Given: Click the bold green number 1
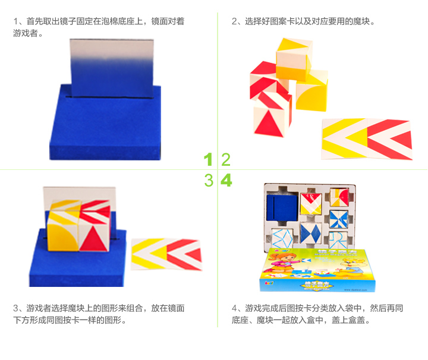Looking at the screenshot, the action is (208, 159).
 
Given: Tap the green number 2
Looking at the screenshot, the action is (226, 160).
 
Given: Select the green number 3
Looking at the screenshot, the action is (209, 180).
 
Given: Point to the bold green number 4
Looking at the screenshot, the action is (226, 180).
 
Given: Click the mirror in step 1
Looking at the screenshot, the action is (112, 68).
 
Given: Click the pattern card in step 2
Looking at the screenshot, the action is (367, 139).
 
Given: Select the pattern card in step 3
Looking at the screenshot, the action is (166, 254).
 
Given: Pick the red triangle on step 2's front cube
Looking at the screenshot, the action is (269, 124).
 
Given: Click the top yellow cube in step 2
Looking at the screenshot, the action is (294, 59).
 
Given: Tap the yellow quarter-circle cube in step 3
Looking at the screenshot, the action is (64, 235).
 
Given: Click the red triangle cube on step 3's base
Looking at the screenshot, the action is (95, 236).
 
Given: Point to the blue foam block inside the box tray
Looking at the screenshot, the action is (282, 208).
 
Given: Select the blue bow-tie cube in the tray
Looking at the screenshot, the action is (311, 233).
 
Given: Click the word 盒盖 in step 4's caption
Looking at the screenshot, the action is (357, 320).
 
